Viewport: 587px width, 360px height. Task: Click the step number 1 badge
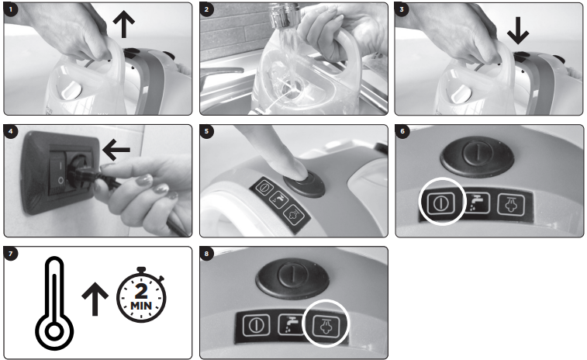(11, 9)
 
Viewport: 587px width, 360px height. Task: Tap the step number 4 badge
(11, 131)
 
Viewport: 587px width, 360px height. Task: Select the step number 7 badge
(11, 254)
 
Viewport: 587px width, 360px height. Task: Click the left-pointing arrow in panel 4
(116, 150)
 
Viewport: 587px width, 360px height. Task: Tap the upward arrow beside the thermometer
(95, 299)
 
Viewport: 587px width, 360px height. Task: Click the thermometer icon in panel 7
(54, 303)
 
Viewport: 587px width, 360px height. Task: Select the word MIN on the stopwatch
(141, 306)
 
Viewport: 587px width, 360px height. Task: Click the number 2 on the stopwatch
(141, 291)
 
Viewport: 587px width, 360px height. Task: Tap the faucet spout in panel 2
(284, 15)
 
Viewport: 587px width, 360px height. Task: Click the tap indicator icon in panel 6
(477, 202)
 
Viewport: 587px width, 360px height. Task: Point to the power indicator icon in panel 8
(257, 325)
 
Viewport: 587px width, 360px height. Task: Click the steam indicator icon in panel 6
(511, 204)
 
